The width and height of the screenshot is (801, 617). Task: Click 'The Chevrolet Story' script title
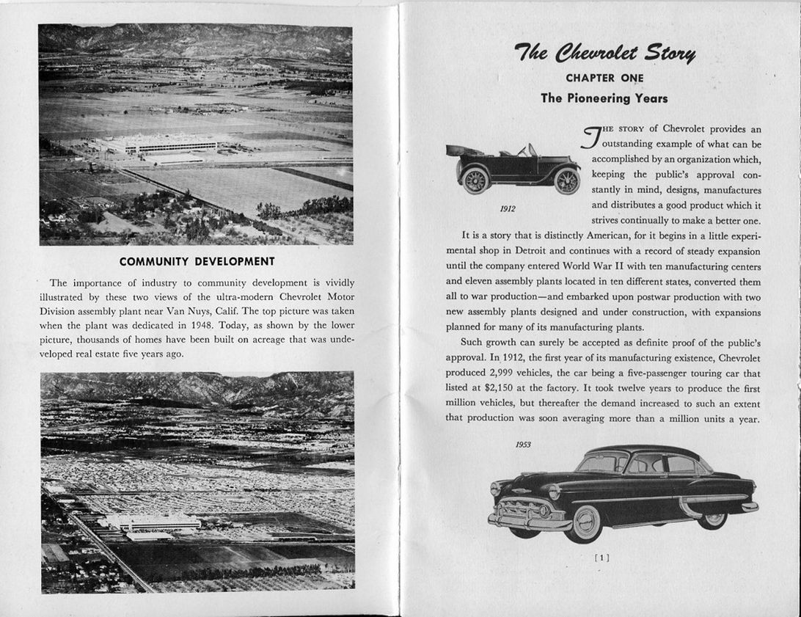pos(604,54)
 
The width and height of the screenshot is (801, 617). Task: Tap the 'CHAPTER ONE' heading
pos(604,78)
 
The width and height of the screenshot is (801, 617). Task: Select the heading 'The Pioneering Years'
pos(604,98)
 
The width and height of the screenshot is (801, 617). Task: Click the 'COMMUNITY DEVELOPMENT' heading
pos(197,261)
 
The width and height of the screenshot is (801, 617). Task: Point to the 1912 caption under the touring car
pos(508,208)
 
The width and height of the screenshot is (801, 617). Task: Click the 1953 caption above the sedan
pos(523,445)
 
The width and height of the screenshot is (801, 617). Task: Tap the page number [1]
pos(601,558)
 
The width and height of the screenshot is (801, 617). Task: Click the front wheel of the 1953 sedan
pos(584,522)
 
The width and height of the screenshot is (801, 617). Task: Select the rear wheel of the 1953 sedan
pos(711,518)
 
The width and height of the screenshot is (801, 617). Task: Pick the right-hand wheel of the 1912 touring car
pos(567,180)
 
